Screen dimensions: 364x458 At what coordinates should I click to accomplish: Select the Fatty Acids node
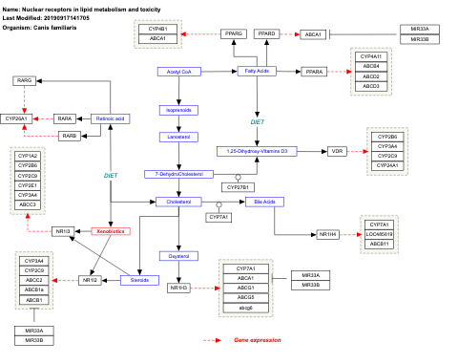point(256,72)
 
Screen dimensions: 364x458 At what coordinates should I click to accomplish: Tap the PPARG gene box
point(234,33)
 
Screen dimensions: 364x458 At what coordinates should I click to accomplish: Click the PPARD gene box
point(267,33)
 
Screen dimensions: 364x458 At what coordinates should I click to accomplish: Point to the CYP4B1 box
point(158,30)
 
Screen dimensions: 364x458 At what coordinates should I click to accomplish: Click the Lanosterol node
point(177,137)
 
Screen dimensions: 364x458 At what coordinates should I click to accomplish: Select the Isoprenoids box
point(177,110)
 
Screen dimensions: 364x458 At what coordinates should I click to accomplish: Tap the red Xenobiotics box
point(111,231)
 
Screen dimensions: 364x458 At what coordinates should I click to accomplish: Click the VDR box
point(337,151)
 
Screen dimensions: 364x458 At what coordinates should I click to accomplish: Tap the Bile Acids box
point(261,202)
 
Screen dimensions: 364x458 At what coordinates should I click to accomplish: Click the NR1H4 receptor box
point(327,234)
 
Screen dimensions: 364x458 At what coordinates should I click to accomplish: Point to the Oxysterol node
point(177,255)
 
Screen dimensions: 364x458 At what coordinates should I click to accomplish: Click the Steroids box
point(139,280)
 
